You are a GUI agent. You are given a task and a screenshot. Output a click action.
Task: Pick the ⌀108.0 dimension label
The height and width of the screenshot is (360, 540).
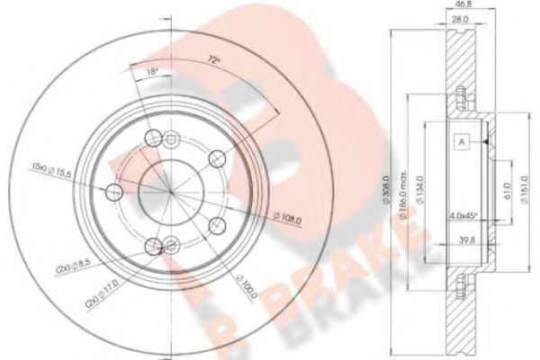287,215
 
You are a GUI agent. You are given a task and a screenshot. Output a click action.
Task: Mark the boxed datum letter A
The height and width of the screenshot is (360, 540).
460,141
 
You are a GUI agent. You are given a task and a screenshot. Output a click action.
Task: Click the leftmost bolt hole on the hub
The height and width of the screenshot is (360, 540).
114,192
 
